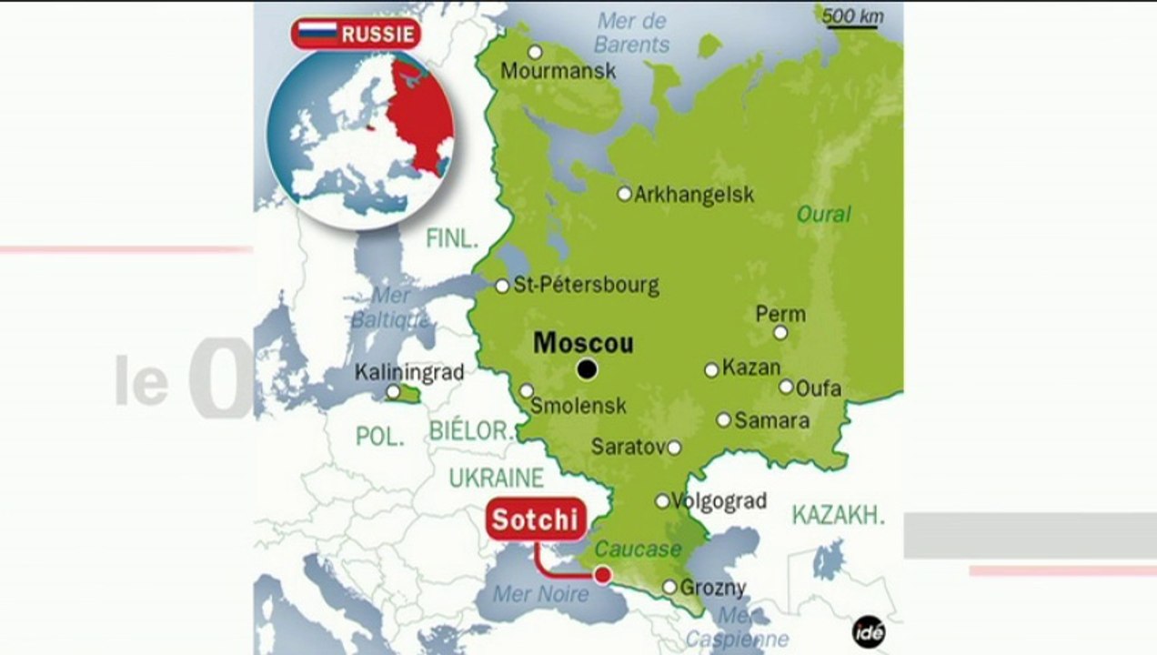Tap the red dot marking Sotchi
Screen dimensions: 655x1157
click(x=602, y=574)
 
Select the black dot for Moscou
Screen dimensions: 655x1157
click(x=588, y=369)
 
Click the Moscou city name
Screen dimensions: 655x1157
click(x=583, y=343)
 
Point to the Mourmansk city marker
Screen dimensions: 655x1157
click(x=535, y=52)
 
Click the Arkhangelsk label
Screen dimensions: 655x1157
click(x=694, y=195)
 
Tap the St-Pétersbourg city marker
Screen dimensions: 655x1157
click(x=502, y=286)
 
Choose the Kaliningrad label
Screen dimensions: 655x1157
click(x=409, y=372)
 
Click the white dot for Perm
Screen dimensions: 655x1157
click(x=780, y=332)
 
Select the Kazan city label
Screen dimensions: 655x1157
click(x=751, y=368)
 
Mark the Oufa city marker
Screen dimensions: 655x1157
click(x=786, y=387)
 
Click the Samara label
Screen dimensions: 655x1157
click(x=771, y=420)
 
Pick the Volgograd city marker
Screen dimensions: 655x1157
click(x=662, y=501)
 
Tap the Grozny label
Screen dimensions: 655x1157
click(x=713, y=588)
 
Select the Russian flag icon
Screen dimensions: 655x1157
click(x=317, y=35)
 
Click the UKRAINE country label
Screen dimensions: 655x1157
click(x=496, y=478)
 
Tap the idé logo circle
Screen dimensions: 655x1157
click(x=869, y=632)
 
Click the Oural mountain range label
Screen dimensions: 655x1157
click(x=823, y=215)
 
